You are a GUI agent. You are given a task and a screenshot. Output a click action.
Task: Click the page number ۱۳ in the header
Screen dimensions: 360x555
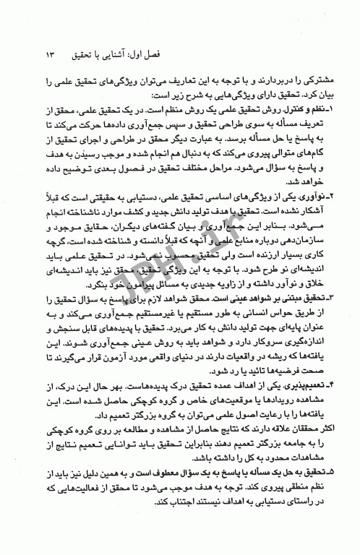[x=49, y=54]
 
